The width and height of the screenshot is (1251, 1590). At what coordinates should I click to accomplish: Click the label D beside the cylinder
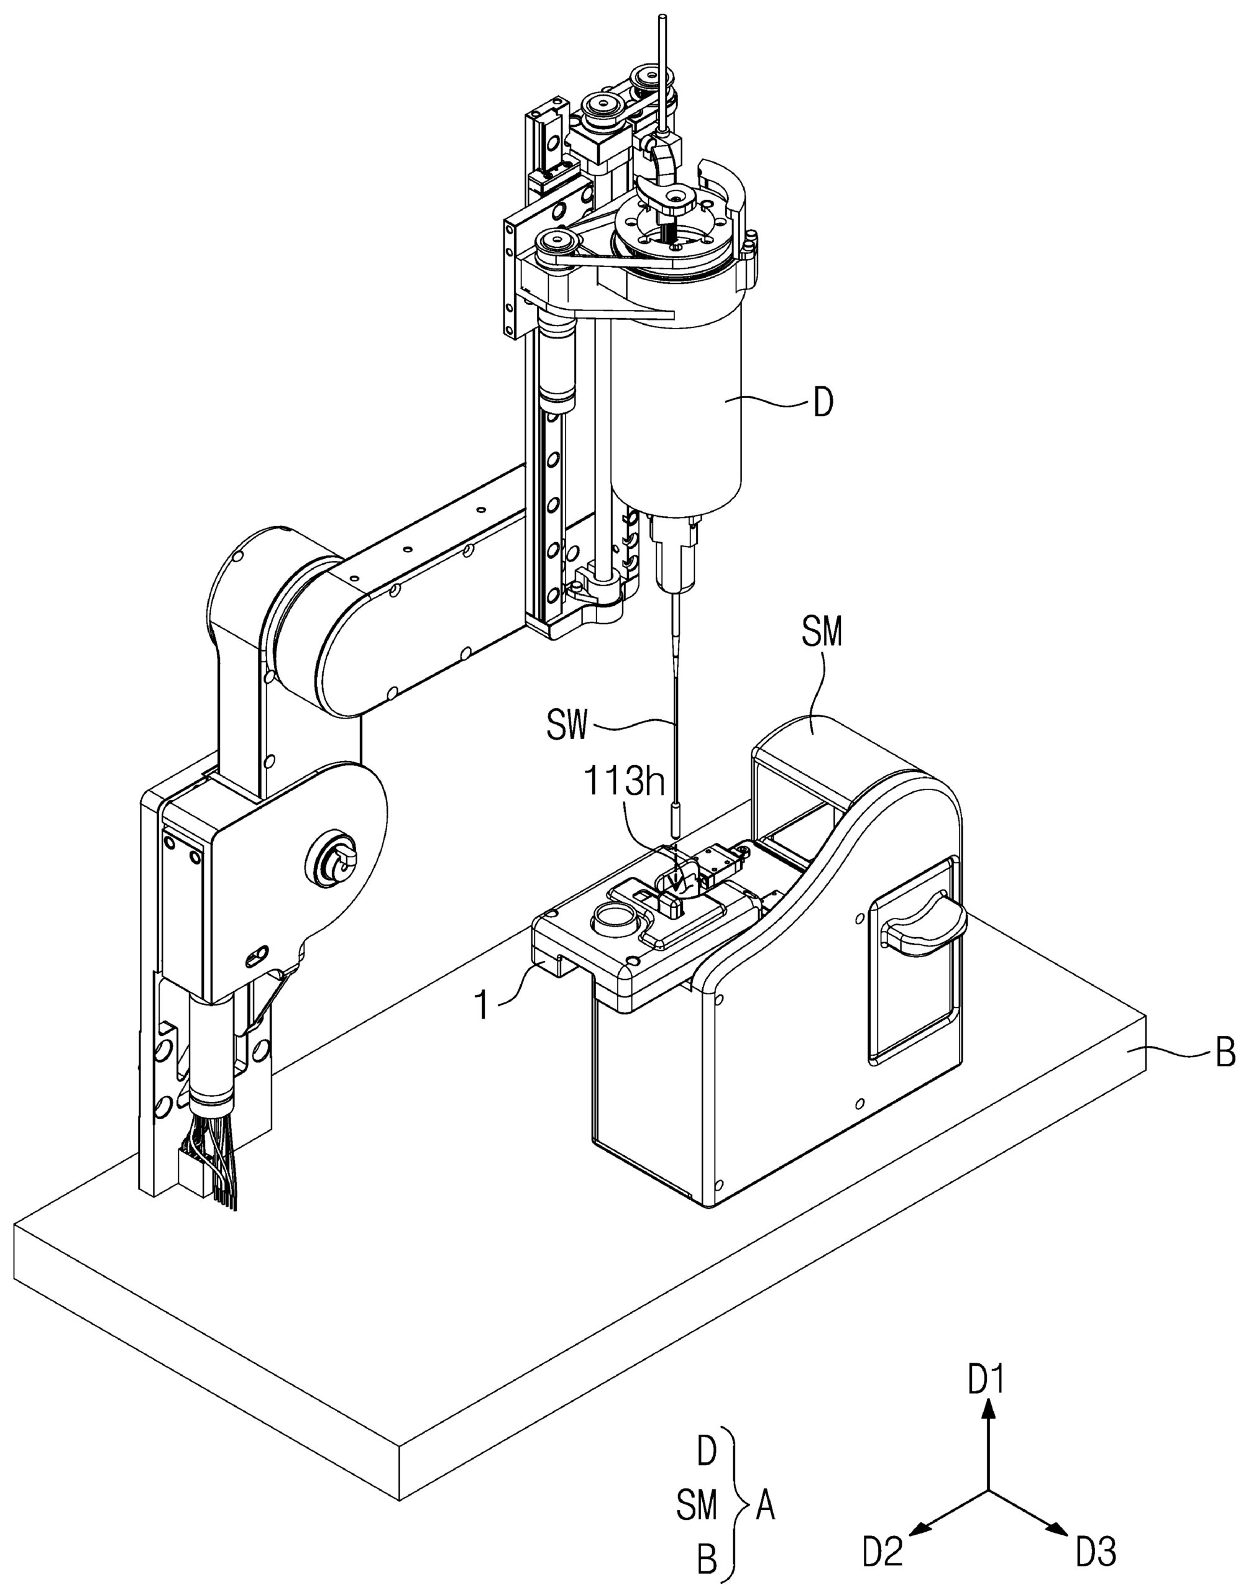click(823, 402)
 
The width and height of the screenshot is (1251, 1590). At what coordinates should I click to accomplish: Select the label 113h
click(624, 783)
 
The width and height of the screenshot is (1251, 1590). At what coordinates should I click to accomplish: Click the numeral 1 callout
click(482, 1005)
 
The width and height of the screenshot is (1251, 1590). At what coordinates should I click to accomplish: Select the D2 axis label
click(883, 1553)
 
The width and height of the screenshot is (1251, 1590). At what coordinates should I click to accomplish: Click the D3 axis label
click(1096, 1553)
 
